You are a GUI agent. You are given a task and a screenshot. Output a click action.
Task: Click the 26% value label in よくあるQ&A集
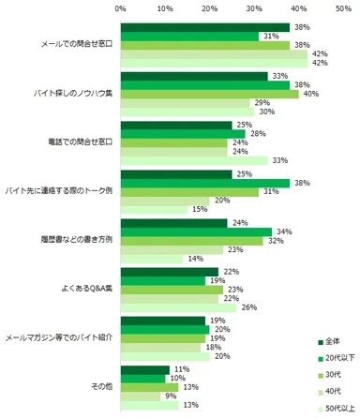pos(248,307)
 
